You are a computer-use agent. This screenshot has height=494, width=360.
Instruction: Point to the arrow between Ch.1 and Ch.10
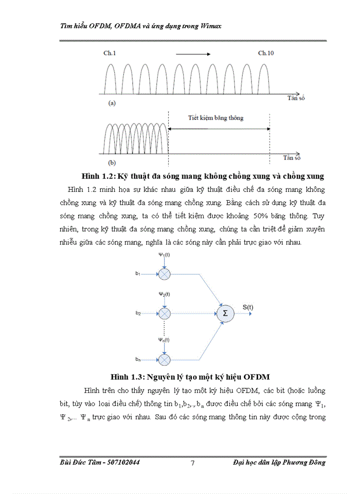tap(193, 53)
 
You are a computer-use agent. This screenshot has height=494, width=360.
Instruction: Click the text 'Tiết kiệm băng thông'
tap(215, 118)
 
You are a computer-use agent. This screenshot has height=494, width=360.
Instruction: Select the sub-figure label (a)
tap(111, 103)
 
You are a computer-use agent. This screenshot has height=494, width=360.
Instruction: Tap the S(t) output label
tap(248, 307)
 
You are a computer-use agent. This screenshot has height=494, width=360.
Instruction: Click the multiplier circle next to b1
tap(164, 274)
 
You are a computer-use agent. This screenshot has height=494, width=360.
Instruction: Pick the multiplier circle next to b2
tap(164, 313)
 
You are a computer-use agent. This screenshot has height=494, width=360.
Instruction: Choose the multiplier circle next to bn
tap(164, 359)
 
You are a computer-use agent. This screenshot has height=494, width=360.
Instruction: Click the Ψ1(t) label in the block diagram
tap(164, 255)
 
